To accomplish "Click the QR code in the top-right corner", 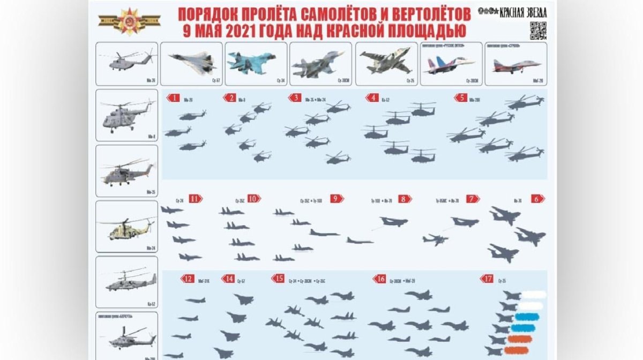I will click(x=538, y=31).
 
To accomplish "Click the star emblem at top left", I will click(x=129, y=21).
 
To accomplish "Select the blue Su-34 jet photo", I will click(x=256, y=63).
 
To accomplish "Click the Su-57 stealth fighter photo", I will click(x=191, y=63).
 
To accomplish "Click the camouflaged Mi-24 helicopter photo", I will click(x=127, y=227).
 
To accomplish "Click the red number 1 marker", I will click(x=174, y=97).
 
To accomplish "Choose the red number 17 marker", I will click(x=487, y=279).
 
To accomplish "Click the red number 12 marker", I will click(x=188, y=279).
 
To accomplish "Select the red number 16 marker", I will click(x=380, y=279).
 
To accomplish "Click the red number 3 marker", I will click(x=295, y=98).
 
